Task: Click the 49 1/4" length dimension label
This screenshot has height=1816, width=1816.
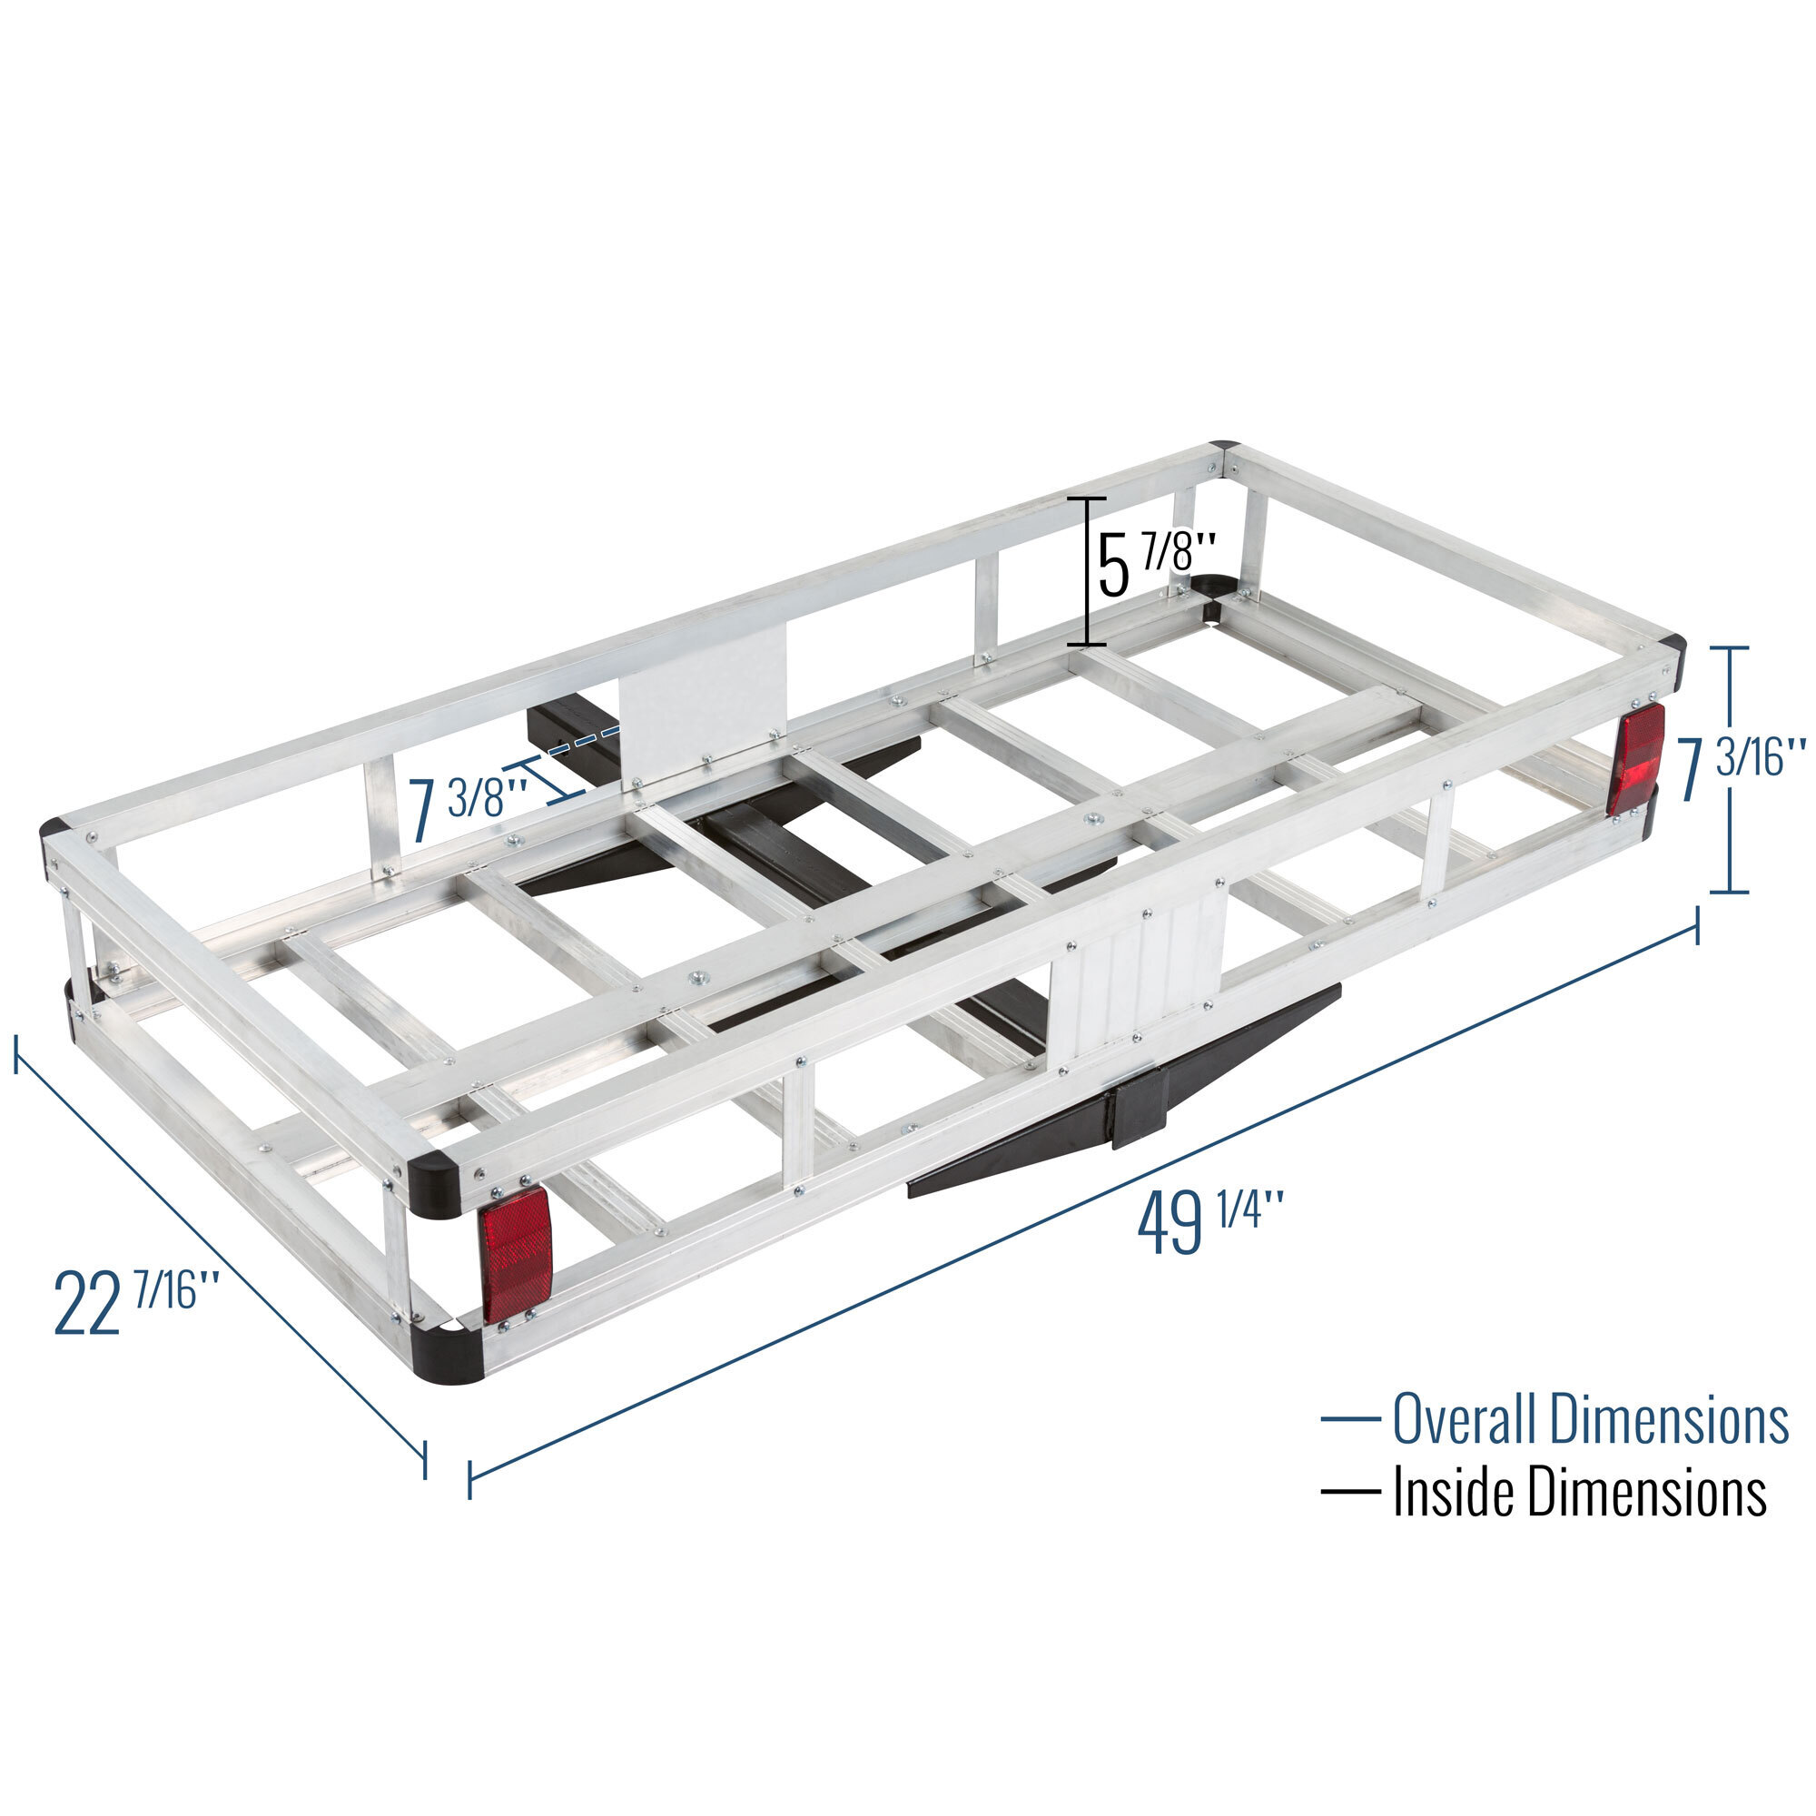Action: pos(1210,1223)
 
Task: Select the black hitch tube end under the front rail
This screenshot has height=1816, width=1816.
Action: pos(1140,1116)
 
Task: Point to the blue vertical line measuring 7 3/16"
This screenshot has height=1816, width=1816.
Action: pos(1729,770)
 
